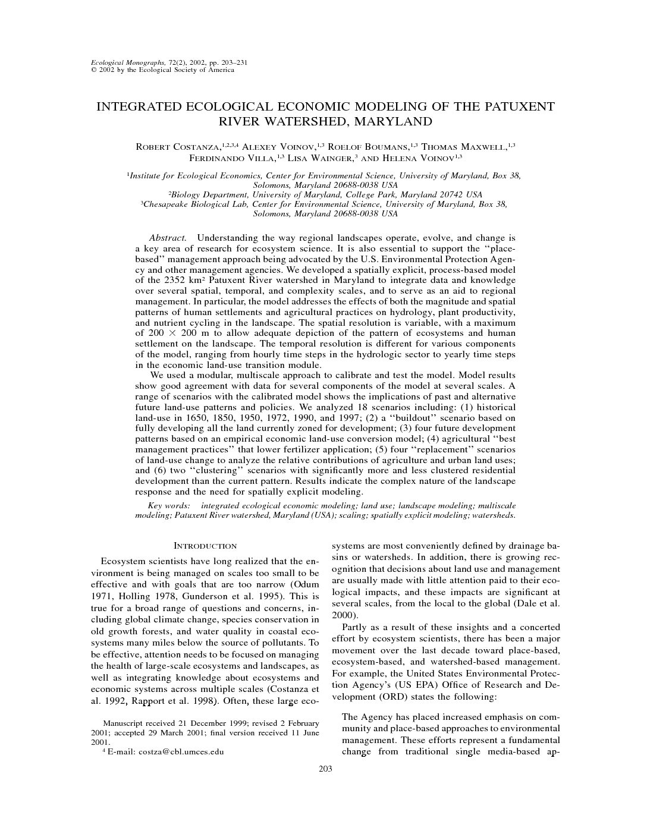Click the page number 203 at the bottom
[x=325, y=769]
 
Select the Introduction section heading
[x=205, y=546]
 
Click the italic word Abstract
[x=168, y=238]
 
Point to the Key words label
[x=169, y=505]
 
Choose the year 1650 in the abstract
[x=202, y=418]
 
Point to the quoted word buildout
[x=407, y=418]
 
